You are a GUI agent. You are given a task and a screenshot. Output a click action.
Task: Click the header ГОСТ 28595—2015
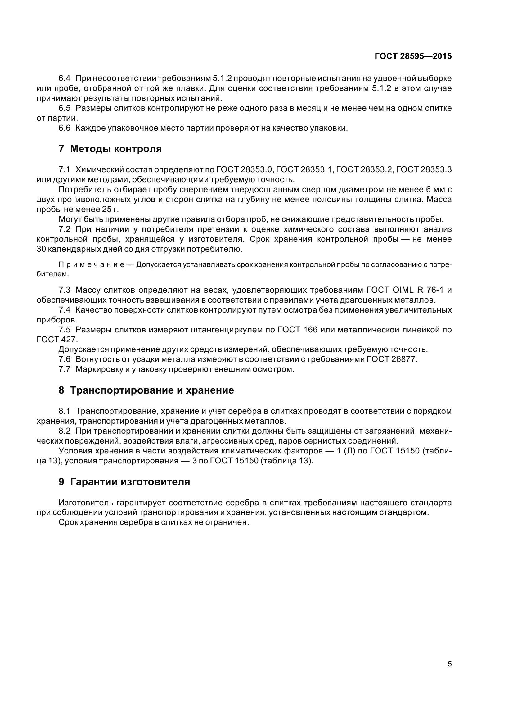pos(413,56)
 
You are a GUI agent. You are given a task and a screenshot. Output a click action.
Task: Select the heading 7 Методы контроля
pos(110,149)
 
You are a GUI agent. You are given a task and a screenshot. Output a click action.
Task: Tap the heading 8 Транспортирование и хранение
pos(146,390)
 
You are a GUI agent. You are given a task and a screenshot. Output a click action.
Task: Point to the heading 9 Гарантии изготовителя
pos(124,482)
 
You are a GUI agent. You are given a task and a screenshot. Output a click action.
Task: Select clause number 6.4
pos(65,78)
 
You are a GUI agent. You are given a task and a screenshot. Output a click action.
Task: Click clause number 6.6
pos(65,128)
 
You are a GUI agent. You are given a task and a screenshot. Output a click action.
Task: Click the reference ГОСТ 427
pos(56,340)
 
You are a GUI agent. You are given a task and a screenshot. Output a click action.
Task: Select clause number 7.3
pos(65,290)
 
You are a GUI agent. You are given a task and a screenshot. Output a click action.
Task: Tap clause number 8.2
pos(65,431)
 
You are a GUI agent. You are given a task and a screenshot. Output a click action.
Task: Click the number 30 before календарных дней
pos(41,249)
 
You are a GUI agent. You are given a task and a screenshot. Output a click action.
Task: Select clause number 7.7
pos(65,369)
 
